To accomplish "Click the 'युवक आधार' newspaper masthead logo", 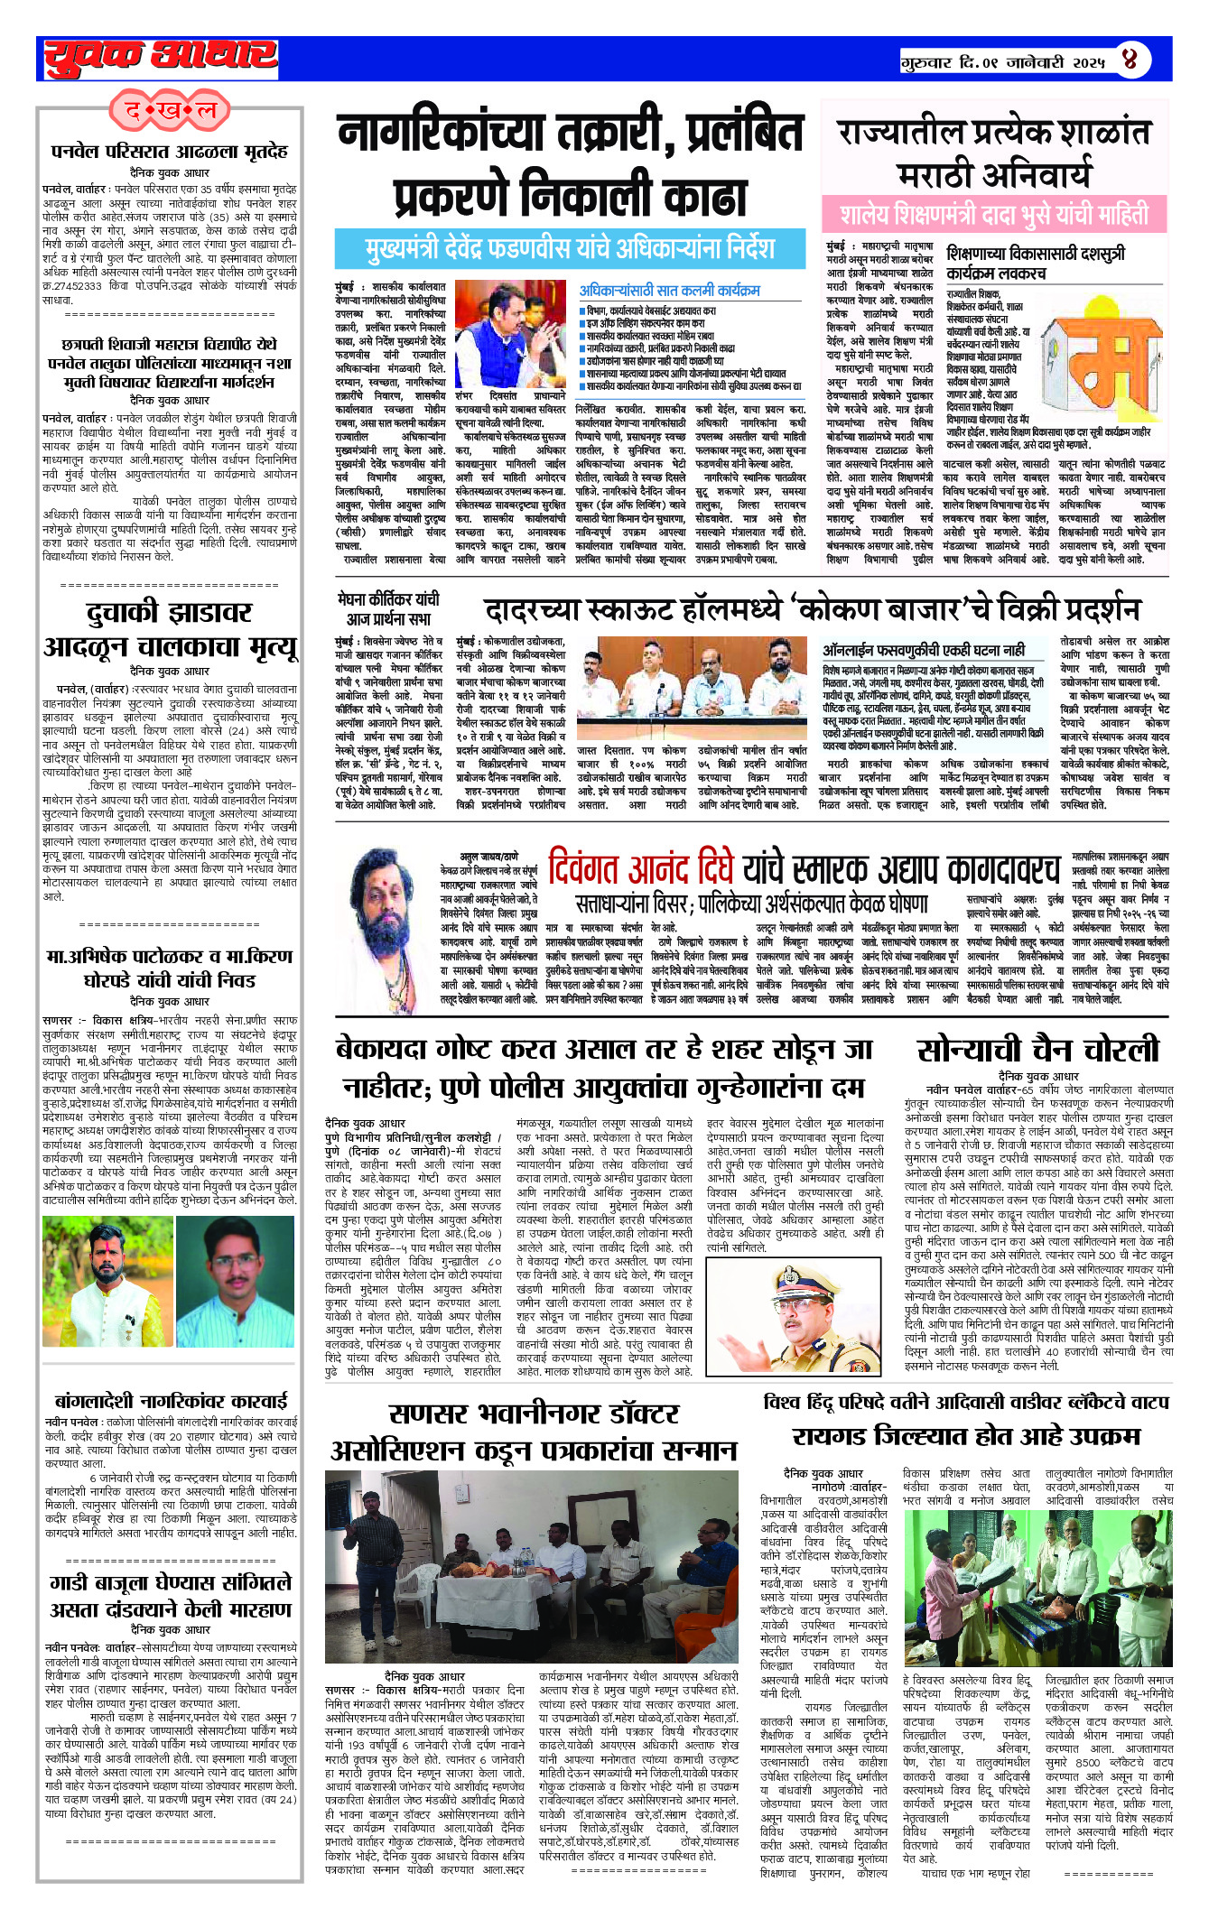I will pyautogui.click(x=161, y=58).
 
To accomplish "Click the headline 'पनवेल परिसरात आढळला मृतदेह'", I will pyautogui.click(x=170, y=151).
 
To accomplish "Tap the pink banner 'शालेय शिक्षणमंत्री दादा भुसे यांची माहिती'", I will pyautogui.click(x=994, y=215).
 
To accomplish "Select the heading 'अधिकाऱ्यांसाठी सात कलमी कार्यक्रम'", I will pyautogui.click(x=669, y=291).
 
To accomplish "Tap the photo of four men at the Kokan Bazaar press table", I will pyautogui.click(x=692, y=690).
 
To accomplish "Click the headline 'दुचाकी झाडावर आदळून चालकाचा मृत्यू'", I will pyautogui.click(x=170, y=630).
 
